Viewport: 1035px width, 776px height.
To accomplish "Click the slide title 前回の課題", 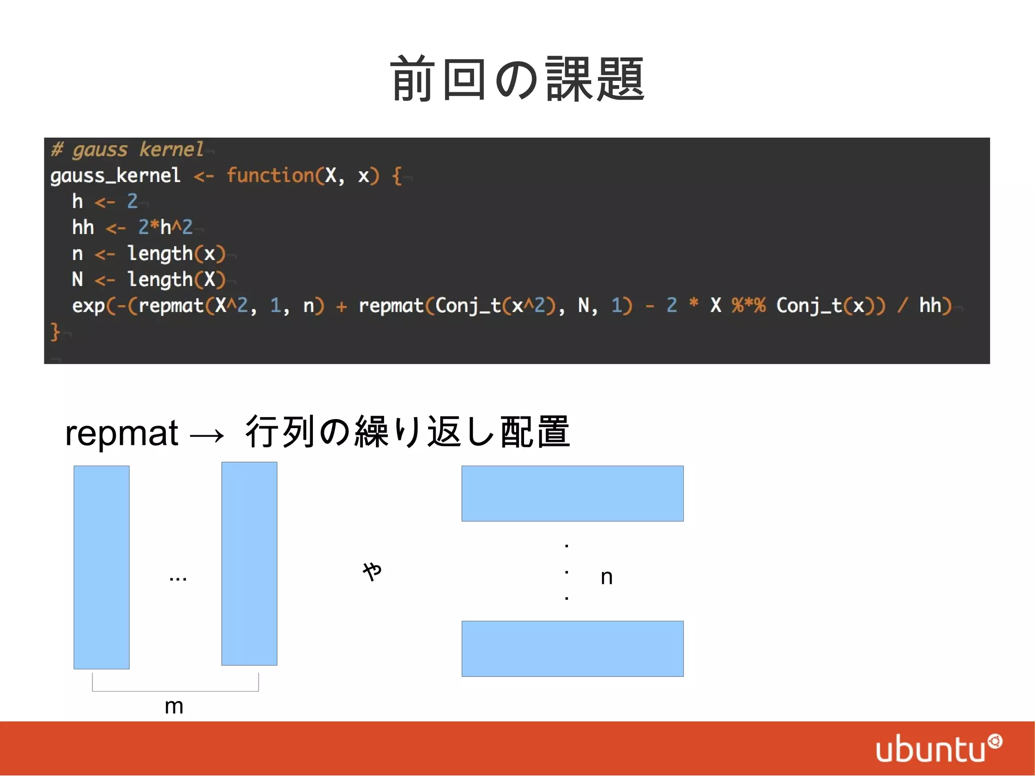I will point(517,79).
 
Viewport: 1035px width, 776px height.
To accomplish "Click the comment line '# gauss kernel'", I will point(127,150).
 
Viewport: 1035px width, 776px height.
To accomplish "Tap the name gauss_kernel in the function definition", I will point(115,175).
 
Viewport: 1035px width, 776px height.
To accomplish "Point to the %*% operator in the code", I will point(748,305).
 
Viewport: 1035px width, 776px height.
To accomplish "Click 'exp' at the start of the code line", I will point(88,306).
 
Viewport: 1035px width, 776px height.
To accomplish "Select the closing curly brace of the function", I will point(55,332).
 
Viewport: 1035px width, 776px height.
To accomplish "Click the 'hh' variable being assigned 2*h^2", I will point(83,227).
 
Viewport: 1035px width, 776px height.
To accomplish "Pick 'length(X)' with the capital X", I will point(176,280).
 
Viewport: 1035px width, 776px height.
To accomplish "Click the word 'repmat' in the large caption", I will point(122,433).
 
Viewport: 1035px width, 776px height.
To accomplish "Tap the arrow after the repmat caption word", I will point(207,435).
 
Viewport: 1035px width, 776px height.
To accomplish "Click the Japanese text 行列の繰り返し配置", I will point(407,432).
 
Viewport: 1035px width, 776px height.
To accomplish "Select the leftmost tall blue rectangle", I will point(102,567).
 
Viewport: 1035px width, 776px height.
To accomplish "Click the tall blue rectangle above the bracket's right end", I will point(249,564).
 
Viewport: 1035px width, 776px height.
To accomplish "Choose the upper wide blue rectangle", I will point(572,493).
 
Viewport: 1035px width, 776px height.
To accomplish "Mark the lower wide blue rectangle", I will point(572,649).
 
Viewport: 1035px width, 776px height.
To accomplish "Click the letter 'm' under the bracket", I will point(174,706).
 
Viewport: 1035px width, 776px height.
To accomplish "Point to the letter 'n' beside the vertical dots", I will point(606,577).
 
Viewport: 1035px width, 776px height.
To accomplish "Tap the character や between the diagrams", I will point(372,571).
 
